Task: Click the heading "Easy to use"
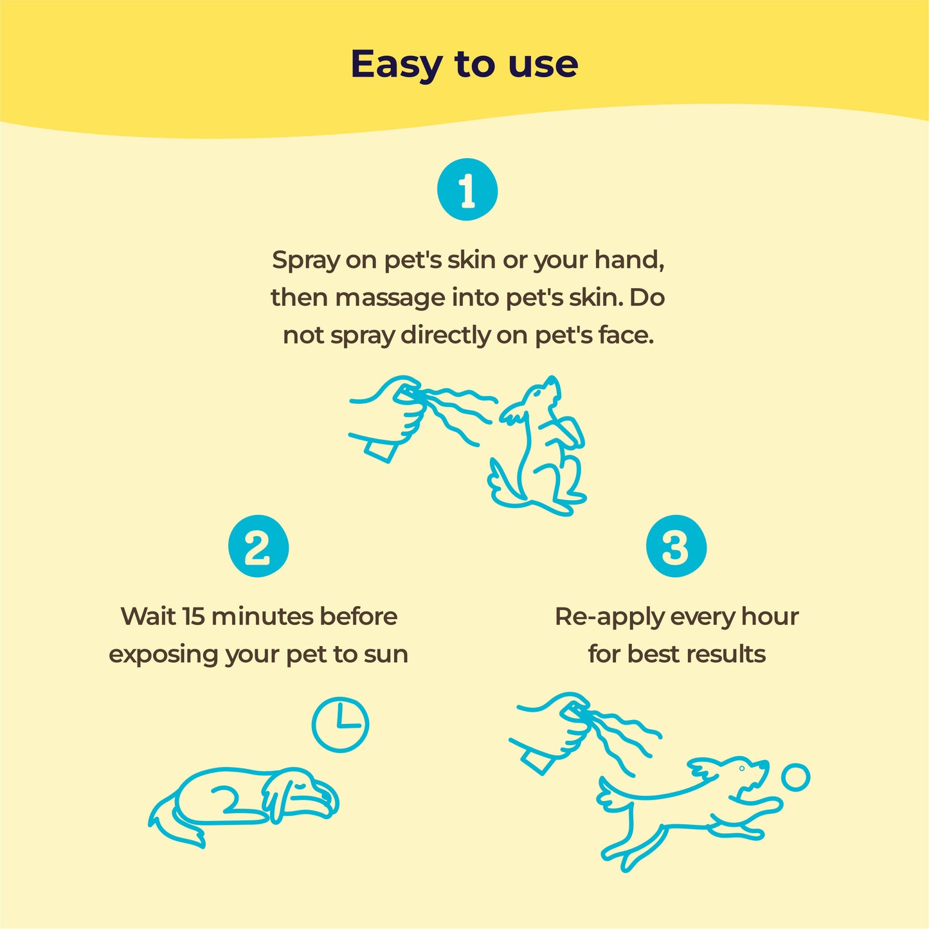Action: click(464, 64)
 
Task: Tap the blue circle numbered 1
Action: click(467, 190)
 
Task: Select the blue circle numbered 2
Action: click(258, 547)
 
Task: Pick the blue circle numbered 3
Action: click(676, 547)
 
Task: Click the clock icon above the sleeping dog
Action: click(340, 724)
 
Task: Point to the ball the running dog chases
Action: click(796, 777)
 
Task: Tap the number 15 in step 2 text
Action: click(194, 617)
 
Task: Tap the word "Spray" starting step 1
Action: click(305, 261)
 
